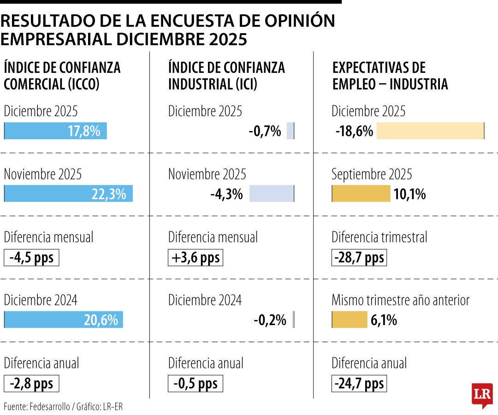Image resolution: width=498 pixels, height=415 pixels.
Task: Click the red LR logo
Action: (482, 394)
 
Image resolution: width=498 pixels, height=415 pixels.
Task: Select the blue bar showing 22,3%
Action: (68, 194)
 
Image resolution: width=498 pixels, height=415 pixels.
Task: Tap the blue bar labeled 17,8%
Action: (55, 131)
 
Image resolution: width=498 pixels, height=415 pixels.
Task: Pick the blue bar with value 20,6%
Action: (64, 320)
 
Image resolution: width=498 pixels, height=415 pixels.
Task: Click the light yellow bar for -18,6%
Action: (430, 131)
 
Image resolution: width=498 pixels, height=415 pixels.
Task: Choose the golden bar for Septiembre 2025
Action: (361, 194)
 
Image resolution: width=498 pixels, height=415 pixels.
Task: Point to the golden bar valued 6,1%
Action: (350, 320)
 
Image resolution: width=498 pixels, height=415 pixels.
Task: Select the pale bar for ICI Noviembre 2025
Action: (271, 194)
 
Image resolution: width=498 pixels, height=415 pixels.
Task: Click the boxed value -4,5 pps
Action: (31, 257)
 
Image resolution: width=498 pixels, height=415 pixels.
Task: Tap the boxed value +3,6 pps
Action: (196, 257)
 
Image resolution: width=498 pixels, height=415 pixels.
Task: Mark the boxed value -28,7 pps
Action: (359, 257)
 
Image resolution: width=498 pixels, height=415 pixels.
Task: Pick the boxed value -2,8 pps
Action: (31, 383)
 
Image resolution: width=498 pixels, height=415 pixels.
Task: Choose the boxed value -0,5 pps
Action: (196, 383)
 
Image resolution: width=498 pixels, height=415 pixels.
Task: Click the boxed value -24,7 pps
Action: (359, 383)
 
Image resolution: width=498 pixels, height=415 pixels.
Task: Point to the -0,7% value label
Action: (265, 131)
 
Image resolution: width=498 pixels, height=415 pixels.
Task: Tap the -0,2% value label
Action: (270, 320)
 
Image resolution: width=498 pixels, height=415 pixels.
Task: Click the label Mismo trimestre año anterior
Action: (400, 300)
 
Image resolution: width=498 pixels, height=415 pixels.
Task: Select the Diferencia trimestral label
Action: (379, 237)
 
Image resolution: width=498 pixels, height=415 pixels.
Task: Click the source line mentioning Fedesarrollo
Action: (64, 406)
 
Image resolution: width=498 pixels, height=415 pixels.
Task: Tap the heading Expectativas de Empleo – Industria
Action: (390, 76)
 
